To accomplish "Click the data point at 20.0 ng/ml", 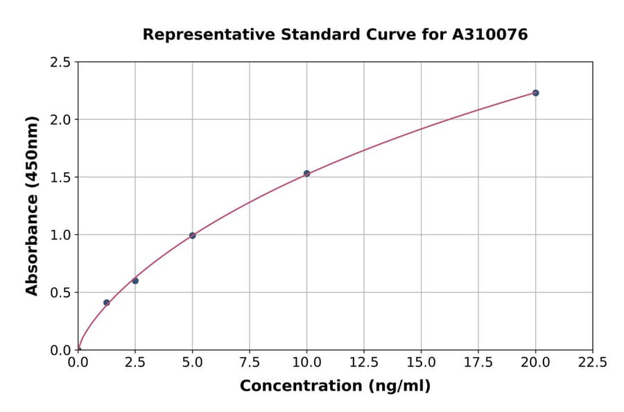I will click(535, 93).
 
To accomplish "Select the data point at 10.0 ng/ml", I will click(306, 173).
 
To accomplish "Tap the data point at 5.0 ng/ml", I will click(192, 236).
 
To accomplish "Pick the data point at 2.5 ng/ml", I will click(135, 281).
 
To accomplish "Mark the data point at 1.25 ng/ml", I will click(107, 302).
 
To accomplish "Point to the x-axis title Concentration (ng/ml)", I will click(335, 386).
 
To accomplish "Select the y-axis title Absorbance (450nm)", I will click(32, 205).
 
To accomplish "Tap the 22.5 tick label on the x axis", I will click(593, 362).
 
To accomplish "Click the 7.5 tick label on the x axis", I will click(250, 362).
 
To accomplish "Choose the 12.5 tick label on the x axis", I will click(364, 362).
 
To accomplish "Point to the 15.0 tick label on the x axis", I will click(421, 362).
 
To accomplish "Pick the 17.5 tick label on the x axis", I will click(478, 362).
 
